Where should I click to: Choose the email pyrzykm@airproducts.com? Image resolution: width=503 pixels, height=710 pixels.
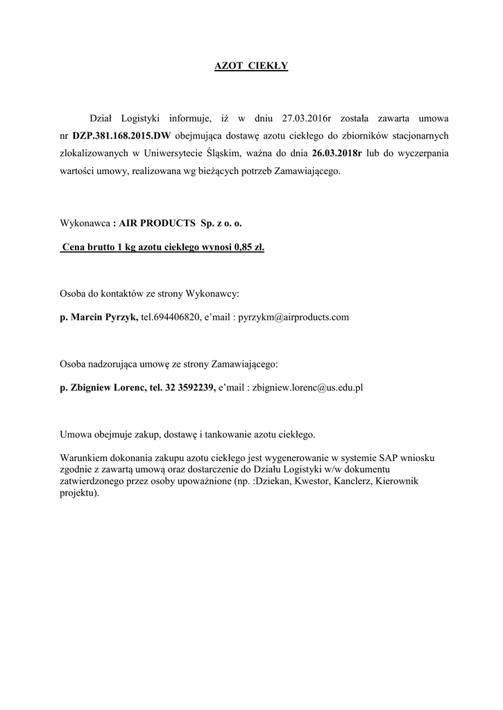[x=293, y=318]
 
